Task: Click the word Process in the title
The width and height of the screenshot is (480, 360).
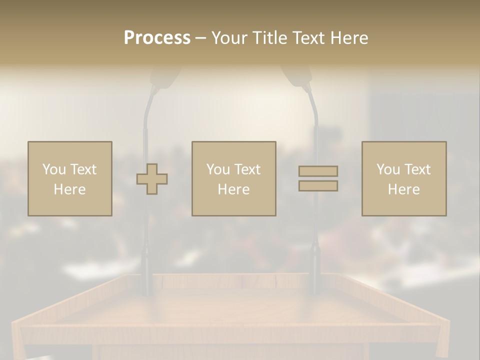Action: [x=157, y=38]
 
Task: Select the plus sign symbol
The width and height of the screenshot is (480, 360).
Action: [x=152, y=179]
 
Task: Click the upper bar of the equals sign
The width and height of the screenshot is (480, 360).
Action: [x=318, y=171]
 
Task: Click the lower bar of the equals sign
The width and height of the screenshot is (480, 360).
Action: [x=318, y=186]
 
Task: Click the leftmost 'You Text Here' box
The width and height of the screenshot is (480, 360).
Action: [x=69, y=178]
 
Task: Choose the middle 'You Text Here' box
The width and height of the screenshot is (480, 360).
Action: [x=233, y=178]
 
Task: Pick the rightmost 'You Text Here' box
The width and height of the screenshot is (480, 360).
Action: [x=404, y=178]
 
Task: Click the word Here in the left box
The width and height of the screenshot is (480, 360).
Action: [x=69, y=189]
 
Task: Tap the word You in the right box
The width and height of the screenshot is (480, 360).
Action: [x=388, y=169]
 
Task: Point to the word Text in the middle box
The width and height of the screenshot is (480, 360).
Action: [x=247, y=169]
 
